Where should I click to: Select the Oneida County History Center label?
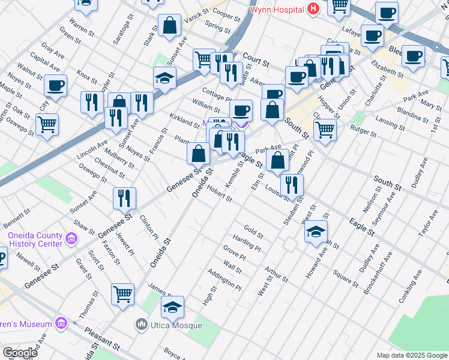35,240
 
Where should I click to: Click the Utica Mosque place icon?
142,325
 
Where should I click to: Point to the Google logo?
20,353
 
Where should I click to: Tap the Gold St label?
254,230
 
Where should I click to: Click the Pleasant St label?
104,338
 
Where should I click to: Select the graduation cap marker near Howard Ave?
316,232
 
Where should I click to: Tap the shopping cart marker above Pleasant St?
122,294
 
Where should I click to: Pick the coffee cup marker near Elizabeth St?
413,56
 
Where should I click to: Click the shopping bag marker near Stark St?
170,25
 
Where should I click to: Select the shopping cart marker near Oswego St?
47,125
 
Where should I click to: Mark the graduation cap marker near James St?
172,307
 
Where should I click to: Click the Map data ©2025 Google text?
411,355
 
